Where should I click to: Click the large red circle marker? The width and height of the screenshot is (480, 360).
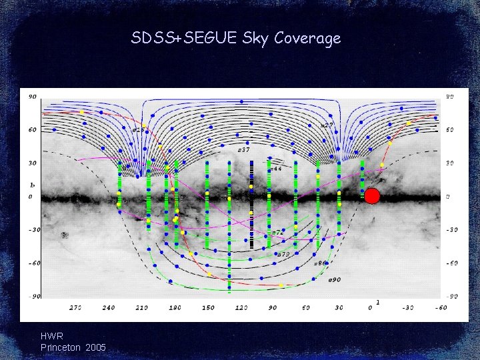[372, 195]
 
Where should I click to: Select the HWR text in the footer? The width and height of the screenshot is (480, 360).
[52, 337]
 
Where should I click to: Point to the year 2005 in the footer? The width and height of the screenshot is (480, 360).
[95, 348]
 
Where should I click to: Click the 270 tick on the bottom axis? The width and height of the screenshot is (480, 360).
[75, 308]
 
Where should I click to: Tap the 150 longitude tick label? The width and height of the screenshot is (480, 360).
[209, 308]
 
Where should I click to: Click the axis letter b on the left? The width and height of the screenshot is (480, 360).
[31, 184]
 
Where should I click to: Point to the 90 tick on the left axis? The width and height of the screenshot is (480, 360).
[32, 97]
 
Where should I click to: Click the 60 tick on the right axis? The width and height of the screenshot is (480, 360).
[450, 130]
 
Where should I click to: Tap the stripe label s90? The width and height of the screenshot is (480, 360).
[334, 280]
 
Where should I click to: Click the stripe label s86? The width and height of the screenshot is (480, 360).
[320, 263]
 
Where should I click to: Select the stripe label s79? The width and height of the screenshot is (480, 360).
[283, 254]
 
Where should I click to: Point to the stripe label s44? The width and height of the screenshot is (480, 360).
[276, 169]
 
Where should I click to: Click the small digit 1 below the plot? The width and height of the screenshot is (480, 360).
[377, 302]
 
